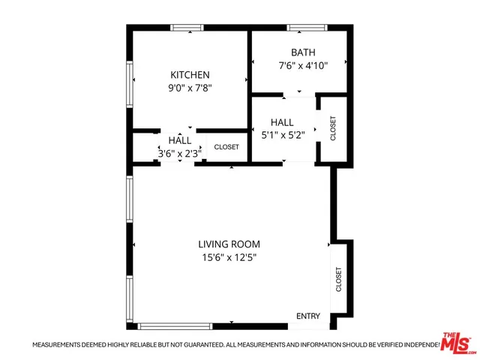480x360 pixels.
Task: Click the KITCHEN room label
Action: click(x=190, y=75)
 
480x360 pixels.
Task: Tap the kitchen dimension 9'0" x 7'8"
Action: click(x=190, y=87)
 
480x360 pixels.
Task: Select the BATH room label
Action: click(x=303, y=52)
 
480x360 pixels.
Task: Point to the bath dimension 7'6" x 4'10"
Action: click(x=303, y=64)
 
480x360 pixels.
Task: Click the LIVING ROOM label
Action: click(x=229, y=244)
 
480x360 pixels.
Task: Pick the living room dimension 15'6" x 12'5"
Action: click(x=229, y=257)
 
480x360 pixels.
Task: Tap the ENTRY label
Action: click(x=308, y=316)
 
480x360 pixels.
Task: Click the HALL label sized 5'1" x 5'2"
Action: click(x=282, y=122)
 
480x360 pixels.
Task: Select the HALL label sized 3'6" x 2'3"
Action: click(x=179, y=140)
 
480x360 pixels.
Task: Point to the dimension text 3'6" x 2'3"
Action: click(x=179, y=153)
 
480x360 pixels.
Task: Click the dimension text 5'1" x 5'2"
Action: click(x=282, y=135)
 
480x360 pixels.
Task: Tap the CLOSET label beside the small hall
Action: click(x=226, y=147)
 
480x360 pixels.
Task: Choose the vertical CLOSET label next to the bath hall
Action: click(x=333, y=128)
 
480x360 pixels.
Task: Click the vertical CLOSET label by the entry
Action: click(x=339, y=280)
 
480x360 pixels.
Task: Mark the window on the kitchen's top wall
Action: click(x=187, y=28)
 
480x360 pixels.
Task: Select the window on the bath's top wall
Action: click(x=307, y=28)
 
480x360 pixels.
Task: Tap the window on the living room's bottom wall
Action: click(x=175, y=326)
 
